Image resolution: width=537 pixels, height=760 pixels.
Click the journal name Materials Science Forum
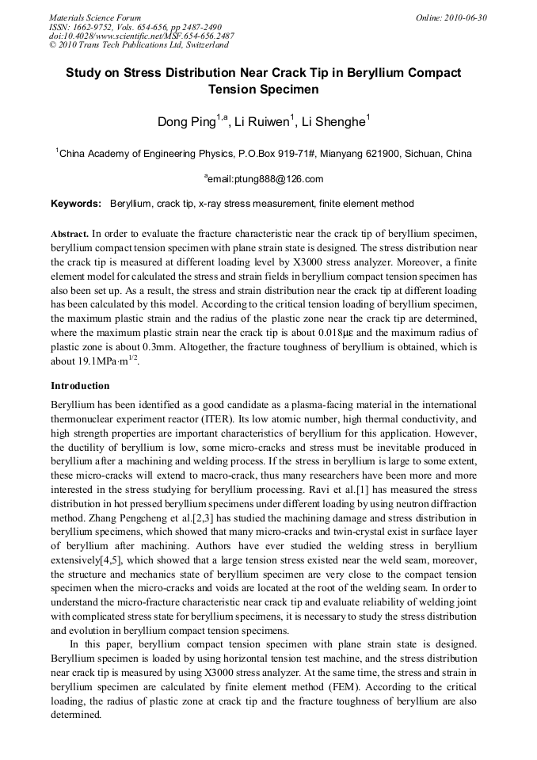tap(95, 17)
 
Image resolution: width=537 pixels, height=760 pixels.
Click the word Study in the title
tap(83, 72)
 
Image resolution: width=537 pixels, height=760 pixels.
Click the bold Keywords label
tap(76, 204)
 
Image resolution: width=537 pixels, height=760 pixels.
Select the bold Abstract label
tap(70, 235)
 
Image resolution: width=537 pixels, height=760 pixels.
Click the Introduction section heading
tap(80, 386)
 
